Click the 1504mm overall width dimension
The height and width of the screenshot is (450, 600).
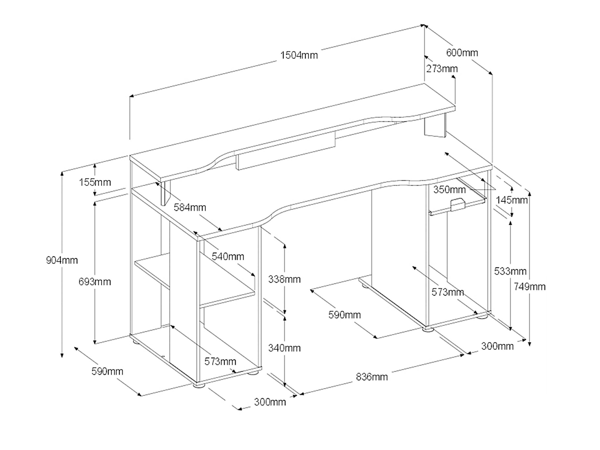click(299, 55)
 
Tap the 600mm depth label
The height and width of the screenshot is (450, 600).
click(462, 52)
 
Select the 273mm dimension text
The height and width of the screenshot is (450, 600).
click(442, 69)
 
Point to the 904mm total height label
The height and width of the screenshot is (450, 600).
click(62, 260)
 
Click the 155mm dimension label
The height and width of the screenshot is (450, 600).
click(95, 182)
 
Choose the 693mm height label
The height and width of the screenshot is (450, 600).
click(95, 282)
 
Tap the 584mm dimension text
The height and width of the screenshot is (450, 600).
click(190, 207)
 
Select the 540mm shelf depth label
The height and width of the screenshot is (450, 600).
click(228, 256)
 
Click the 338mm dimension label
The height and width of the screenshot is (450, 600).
click(284, 279)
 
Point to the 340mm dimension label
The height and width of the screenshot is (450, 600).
click(284, 348)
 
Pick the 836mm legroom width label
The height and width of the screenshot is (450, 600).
click(371, 377)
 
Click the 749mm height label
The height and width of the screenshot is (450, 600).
click(529, 286)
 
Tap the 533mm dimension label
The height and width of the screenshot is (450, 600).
click(510, 271)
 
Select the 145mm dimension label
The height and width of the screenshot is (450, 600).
click(511, 200)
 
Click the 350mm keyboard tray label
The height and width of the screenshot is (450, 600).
click(449, 189)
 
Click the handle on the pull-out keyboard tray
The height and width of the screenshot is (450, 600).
click(457, 205)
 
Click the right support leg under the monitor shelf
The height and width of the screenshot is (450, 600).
click(435, 126)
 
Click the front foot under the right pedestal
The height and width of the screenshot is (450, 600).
click(428, 329)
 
